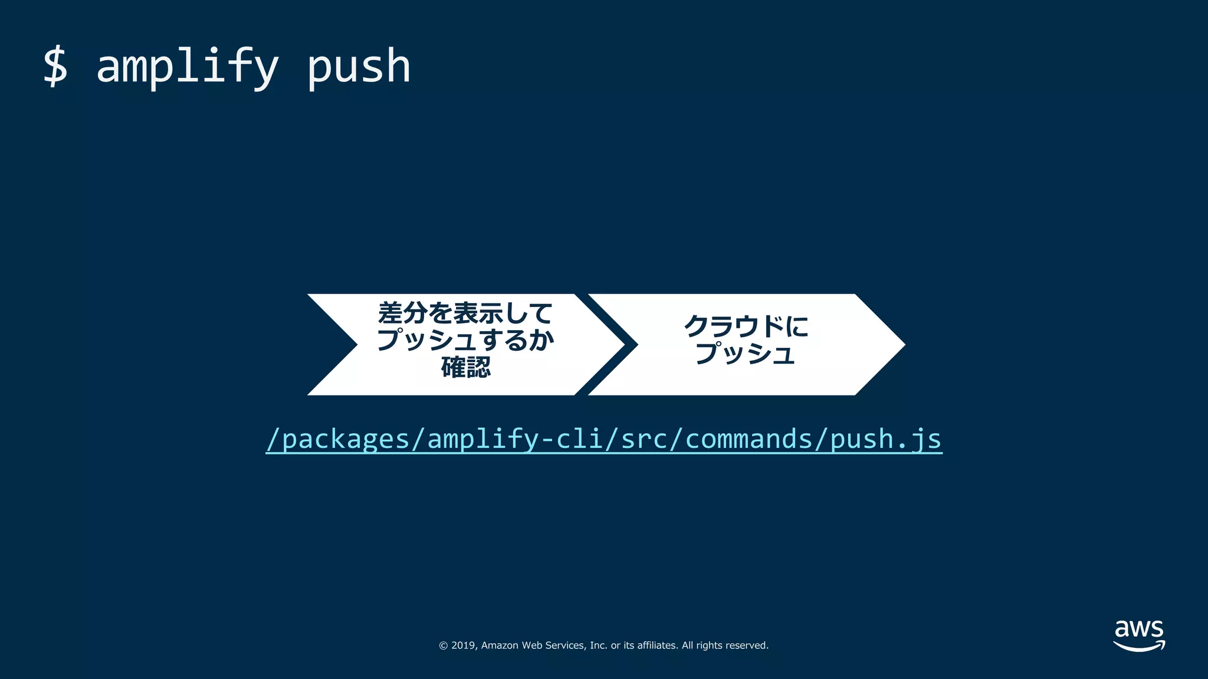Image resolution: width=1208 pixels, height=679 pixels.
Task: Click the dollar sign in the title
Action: tap(55, 67)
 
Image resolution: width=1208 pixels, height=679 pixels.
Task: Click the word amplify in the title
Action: tap(187, 67)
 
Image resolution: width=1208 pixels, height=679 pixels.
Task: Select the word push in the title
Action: tap(359, 67)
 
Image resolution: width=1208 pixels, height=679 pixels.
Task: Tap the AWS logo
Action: tap(1138, 635)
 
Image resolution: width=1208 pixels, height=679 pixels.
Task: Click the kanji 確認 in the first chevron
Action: tap(466, 367)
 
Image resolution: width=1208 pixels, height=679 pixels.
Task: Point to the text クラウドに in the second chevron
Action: tap(746, 326)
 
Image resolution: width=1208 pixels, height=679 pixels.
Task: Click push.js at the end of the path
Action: tap(885, 439)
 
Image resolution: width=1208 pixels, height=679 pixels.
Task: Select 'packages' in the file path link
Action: tap(346, 439)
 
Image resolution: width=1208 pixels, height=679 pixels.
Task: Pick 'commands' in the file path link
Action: tap(749, 439)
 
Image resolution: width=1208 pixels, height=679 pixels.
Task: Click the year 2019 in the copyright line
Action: tap(463, 645)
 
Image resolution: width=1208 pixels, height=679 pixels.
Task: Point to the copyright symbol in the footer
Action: tap(443, 645)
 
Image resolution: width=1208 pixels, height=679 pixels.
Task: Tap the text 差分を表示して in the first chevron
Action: tap(465, 313)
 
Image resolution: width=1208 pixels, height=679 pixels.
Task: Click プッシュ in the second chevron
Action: tap(746, 353)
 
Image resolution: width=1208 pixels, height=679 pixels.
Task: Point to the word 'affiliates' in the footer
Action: tap(657, 645)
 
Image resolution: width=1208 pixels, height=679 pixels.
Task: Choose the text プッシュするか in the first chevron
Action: tap(465, 340)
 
